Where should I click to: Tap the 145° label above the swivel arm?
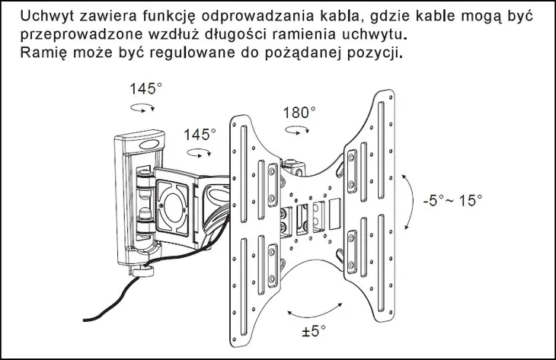click(x=200, y=134)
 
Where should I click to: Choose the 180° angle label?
click(x=299, y=112)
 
